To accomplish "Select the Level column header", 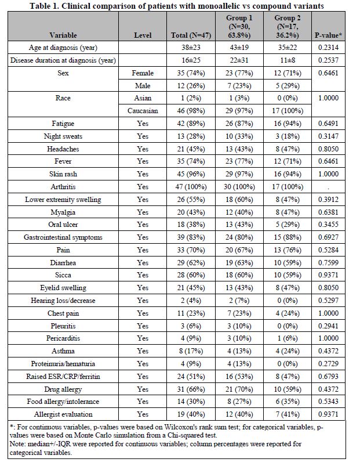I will pyautogui.click(x=143, y=35).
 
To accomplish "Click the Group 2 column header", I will pyautogui.click(x=287, y=26).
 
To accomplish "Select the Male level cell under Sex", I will pyautogui.click(x=143, y=85).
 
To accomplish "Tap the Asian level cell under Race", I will pyautogui.click(x=143, y=98).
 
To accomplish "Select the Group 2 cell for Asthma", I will pyautogui.click(x=287, y=351).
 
